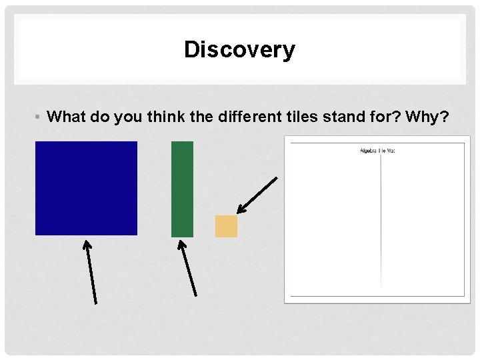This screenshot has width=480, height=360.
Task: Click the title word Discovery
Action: click(239, 49)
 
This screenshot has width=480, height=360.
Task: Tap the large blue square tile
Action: click(86, 188)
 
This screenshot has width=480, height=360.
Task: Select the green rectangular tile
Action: click(182, 189)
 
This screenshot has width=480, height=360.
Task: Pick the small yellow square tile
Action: click(226, 226)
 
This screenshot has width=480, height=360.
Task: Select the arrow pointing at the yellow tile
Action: click(257, 195)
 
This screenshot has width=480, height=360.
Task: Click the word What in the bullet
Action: click(67, 117)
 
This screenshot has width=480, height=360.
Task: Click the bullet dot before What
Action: click(40, 118)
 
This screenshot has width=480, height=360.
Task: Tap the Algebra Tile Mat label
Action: click(377, 151)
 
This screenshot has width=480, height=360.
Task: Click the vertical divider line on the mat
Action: click(381, 220)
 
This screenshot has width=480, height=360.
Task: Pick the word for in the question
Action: click(389, 117)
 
